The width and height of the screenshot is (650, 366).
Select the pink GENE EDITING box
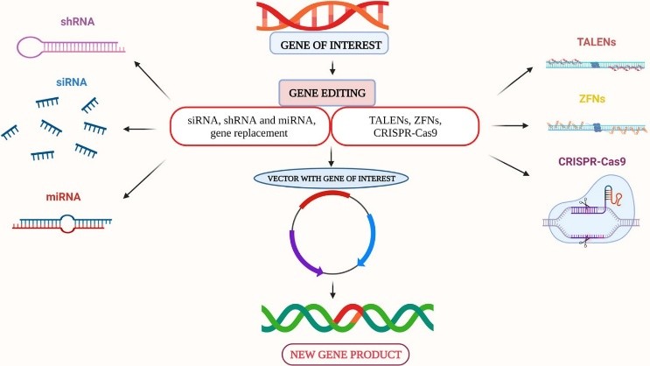tap(327, 93)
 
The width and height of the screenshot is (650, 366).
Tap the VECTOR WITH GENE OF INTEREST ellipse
tap(332, 179)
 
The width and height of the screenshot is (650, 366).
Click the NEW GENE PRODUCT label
tap(346, 355)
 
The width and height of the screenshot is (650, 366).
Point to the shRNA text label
tap(78, 22)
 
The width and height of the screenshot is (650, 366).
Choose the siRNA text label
tap(72, 82)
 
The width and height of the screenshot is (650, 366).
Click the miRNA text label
tap(63, 197)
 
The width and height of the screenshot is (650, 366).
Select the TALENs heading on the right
tap(596, 42)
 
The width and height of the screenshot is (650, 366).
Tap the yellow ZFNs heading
tap(592, 99)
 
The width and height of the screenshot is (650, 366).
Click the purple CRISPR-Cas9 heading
tap(592, 161)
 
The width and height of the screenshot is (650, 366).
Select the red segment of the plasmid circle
tap(325, 197)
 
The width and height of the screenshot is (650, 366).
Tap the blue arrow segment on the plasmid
tap(370, 240)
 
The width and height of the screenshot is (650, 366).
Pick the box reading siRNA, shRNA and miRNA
tap(249, 127)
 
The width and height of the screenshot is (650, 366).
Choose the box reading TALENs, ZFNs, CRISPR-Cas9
tap(405, 127)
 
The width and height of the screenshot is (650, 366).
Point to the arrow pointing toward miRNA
tap(144, 179)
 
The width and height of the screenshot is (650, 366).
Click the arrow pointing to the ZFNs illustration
tap(509, 125)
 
